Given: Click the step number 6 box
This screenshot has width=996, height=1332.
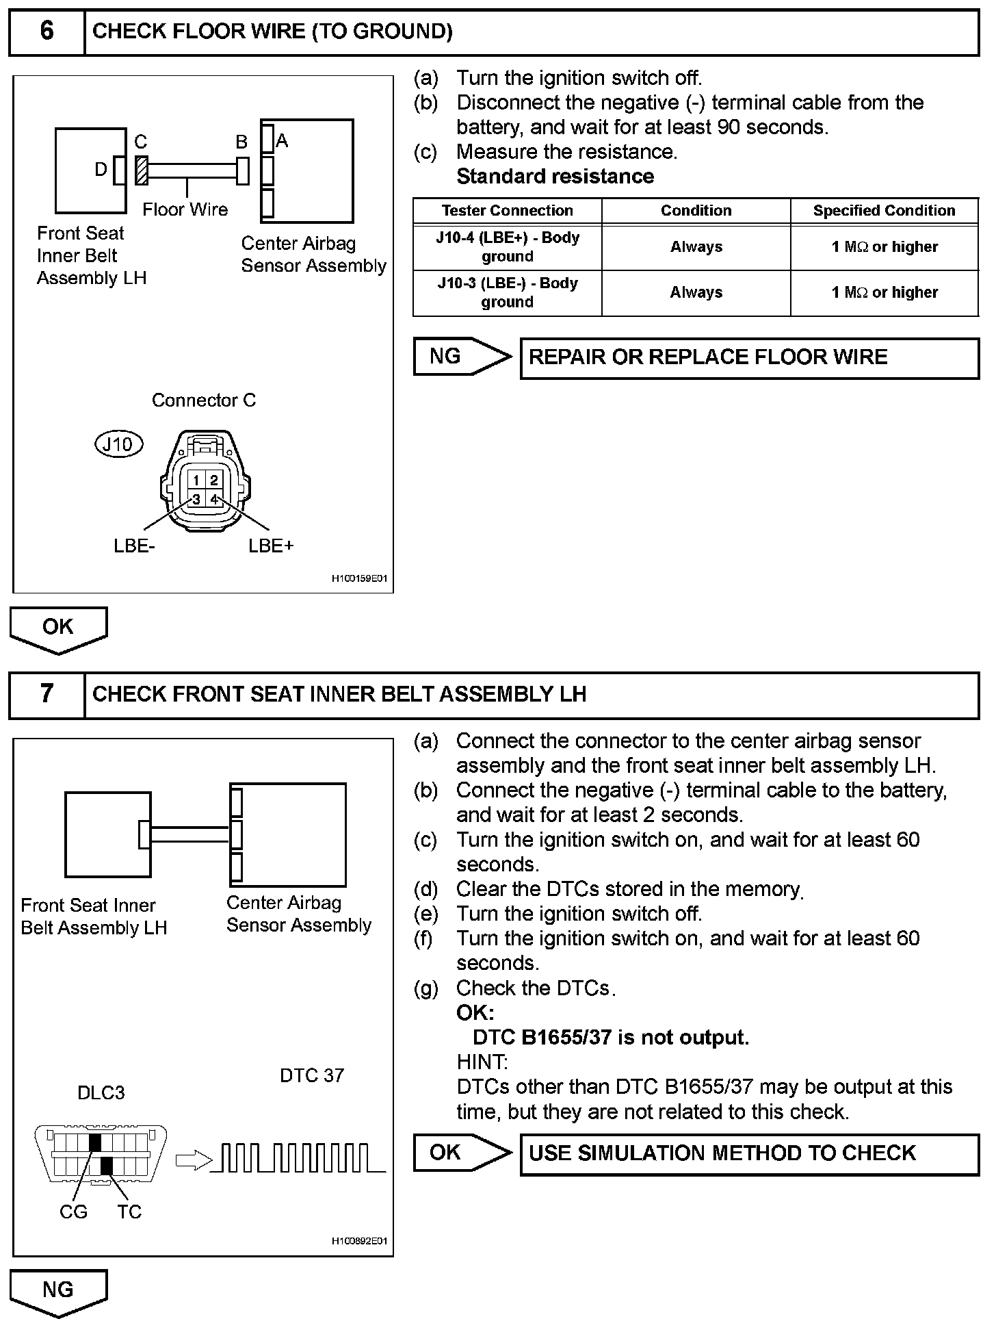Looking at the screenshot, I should pos(47,31).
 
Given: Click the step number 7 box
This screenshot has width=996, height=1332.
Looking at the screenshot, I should pos(47,694).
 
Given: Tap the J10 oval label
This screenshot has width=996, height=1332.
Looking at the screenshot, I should pos(118,444).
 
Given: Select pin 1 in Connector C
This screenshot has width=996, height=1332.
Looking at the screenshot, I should pos(196,481).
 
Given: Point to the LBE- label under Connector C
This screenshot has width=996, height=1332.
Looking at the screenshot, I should pos(134,546).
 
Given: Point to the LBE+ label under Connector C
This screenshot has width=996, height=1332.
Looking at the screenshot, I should pos(271,546).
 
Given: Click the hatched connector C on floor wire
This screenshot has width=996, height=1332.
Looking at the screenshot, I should pos(142,170).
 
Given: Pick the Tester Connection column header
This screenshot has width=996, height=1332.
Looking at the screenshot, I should pos(507,211).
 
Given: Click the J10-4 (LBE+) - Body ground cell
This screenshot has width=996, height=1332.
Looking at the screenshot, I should pos(507,247).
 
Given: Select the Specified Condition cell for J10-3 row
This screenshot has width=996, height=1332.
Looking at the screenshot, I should pos(884,293).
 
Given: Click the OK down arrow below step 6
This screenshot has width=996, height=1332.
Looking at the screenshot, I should pos(58,628).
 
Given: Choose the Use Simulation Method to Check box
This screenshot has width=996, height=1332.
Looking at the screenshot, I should pos(749,1153).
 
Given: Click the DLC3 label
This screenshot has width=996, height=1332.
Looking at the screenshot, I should pos(101,1092).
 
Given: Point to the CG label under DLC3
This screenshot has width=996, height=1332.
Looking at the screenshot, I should pos(73,1212).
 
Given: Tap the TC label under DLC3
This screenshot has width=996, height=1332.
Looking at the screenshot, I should pos(129,1212).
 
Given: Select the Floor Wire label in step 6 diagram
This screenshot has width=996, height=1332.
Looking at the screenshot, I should pos(185,209).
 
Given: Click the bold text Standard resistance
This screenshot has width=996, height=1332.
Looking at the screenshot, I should pos(555,177).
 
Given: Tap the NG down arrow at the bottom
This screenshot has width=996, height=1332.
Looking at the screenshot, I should pos(58,1292).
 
